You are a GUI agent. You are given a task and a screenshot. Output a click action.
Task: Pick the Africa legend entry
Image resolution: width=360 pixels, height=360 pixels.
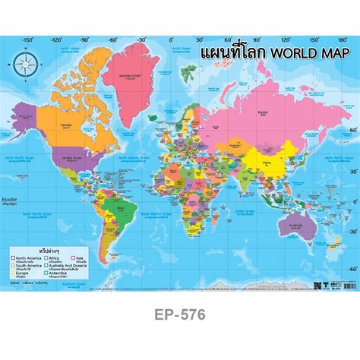56,258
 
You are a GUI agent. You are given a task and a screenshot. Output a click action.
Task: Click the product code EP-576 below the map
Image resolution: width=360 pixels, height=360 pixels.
180,312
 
